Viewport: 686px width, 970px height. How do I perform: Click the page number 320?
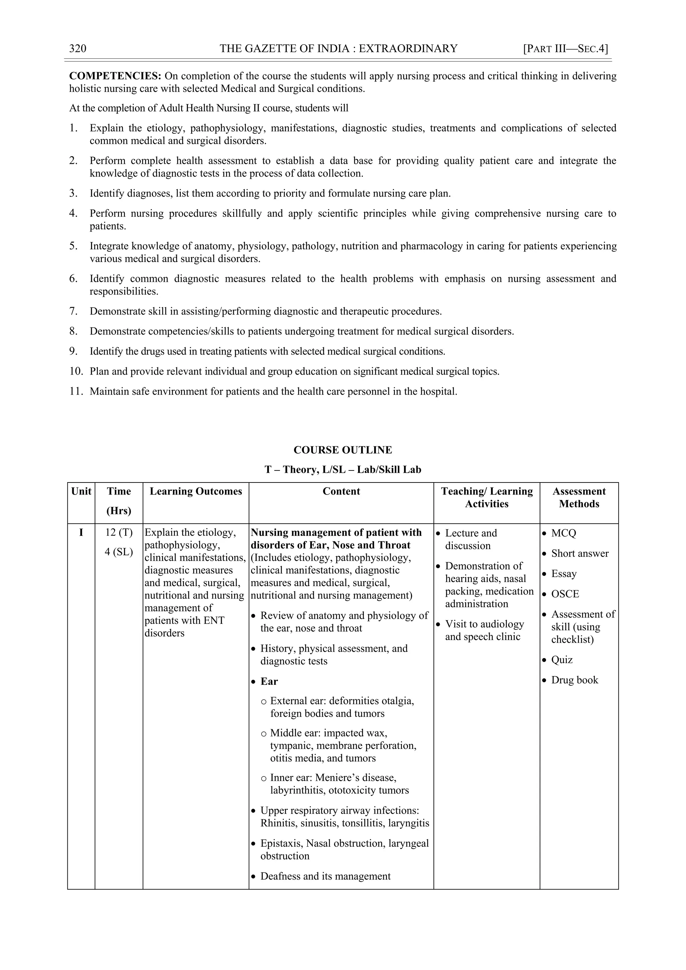(x=78, y=49)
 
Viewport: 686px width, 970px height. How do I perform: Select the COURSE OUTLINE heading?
(x=343, y=450)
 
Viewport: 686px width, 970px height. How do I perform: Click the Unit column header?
(x=81, y=491)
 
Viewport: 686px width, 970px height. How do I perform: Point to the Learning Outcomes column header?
(x=196, y=491)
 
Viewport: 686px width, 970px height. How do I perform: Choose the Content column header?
(x=341, y=491)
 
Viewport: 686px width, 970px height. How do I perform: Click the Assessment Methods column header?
(x=579, y=498)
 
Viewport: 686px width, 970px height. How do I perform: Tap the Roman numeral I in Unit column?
(x=81, y=533)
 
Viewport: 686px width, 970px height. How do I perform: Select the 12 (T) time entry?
(x=119, y=533)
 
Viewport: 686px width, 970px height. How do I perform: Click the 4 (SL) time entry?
(x=119, y=552)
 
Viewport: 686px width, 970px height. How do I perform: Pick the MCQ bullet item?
(x=563, y=533)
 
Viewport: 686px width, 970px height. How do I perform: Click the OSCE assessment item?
(x=565, y=594)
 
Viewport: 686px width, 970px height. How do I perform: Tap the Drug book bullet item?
(x=574, y=680)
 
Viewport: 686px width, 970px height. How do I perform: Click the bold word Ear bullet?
(x=269, y=682)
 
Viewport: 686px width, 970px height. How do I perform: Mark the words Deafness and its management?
(x=325, y=876)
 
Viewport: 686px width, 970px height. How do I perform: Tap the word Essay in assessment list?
(x=564, y=574)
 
